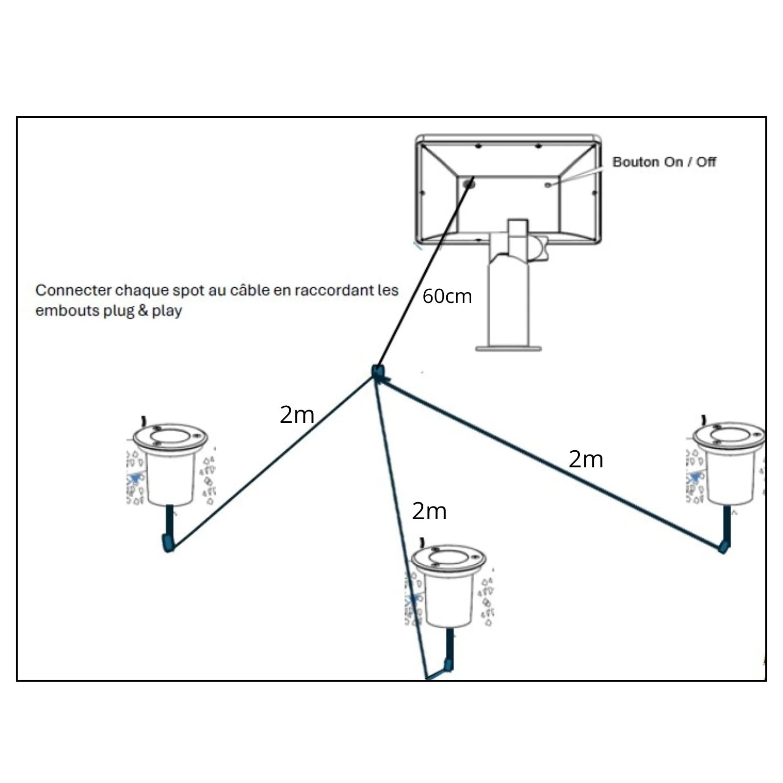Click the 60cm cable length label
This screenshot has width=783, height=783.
(447, 297)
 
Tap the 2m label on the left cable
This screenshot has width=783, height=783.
(297, 415)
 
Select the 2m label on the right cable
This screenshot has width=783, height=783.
(585, 460)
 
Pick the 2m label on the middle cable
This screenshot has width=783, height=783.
(429, 511)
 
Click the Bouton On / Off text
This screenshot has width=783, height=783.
(664, 162)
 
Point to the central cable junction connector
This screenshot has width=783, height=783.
(377, 372)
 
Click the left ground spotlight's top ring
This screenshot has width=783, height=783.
(170, 436)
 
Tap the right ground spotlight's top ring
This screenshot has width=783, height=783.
(730, 435)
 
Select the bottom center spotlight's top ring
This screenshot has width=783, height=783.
(448, 557)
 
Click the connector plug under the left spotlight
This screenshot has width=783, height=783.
(168, 543)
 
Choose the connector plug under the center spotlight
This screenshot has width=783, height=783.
(448, 665)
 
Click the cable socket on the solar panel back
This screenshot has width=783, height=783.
(469, 184)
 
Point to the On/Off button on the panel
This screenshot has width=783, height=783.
(548, 184)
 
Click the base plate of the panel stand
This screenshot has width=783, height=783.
(508, 348)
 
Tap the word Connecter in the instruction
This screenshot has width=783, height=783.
(73, 290)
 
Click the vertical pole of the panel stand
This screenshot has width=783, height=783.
(508, 303)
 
